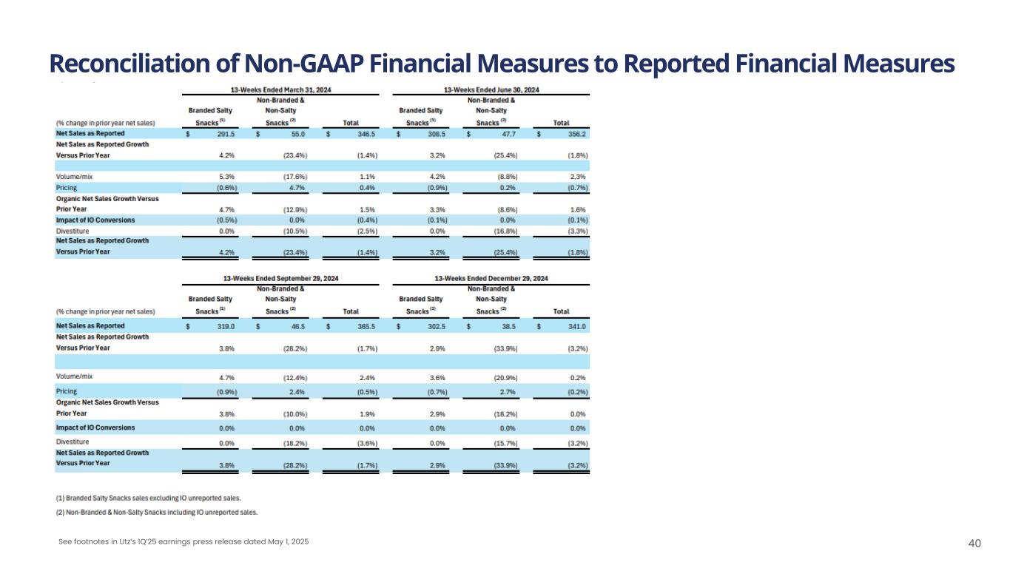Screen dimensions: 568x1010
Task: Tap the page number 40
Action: click(974, 544)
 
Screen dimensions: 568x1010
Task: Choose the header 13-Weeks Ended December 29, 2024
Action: click(491, 278)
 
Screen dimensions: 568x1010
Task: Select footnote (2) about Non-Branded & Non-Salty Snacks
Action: click(157, 512)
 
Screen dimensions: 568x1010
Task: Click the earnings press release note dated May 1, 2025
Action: click(184, 542)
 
